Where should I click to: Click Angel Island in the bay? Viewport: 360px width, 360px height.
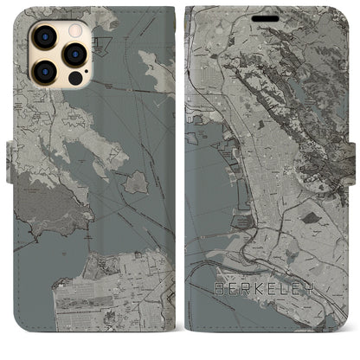[136, 182]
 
